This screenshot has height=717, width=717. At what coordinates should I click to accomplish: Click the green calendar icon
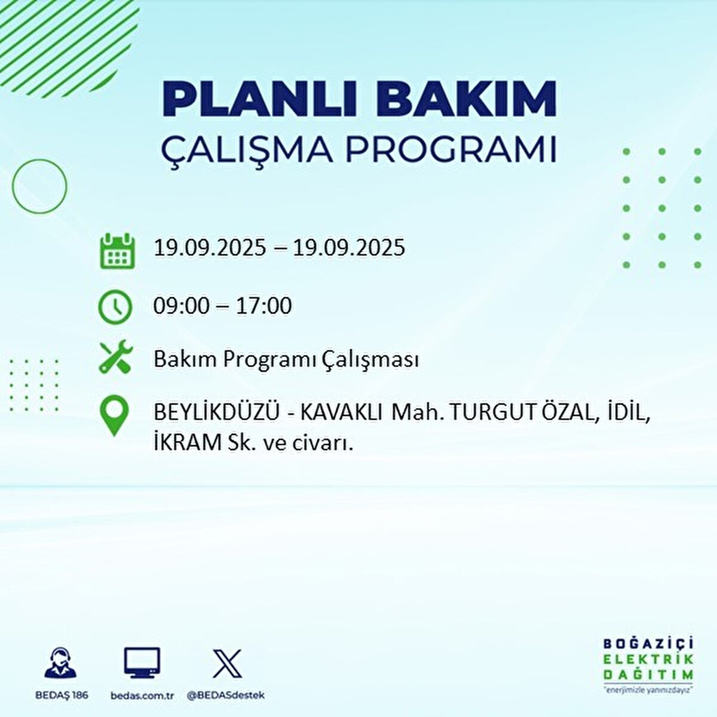click(x=117, y=250)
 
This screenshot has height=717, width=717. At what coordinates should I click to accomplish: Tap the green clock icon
click(x=115, y=307)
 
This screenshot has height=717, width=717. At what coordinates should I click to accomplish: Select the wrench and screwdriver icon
click(x=116, y=358)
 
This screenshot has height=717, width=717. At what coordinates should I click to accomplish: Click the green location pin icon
click(x=114, y=416)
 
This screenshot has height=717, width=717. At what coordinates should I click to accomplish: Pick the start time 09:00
click(x=181, y=307)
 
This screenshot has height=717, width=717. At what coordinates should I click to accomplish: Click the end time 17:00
click(x=263, y=307)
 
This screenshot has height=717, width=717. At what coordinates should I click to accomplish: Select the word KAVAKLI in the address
click(x=341, y=413)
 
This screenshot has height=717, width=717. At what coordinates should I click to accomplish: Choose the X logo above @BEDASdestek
click(x=227, y=663)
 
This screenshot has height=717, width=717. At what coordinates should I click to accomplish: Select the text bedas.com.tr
click(x=142, y=695)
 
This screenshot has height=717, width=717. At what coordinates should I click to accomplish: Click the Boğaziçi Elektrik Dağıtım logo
click(x=648, y=664)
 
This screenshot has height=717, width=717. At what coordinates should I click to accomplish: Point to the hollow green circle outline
click(x=39, y=186)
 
